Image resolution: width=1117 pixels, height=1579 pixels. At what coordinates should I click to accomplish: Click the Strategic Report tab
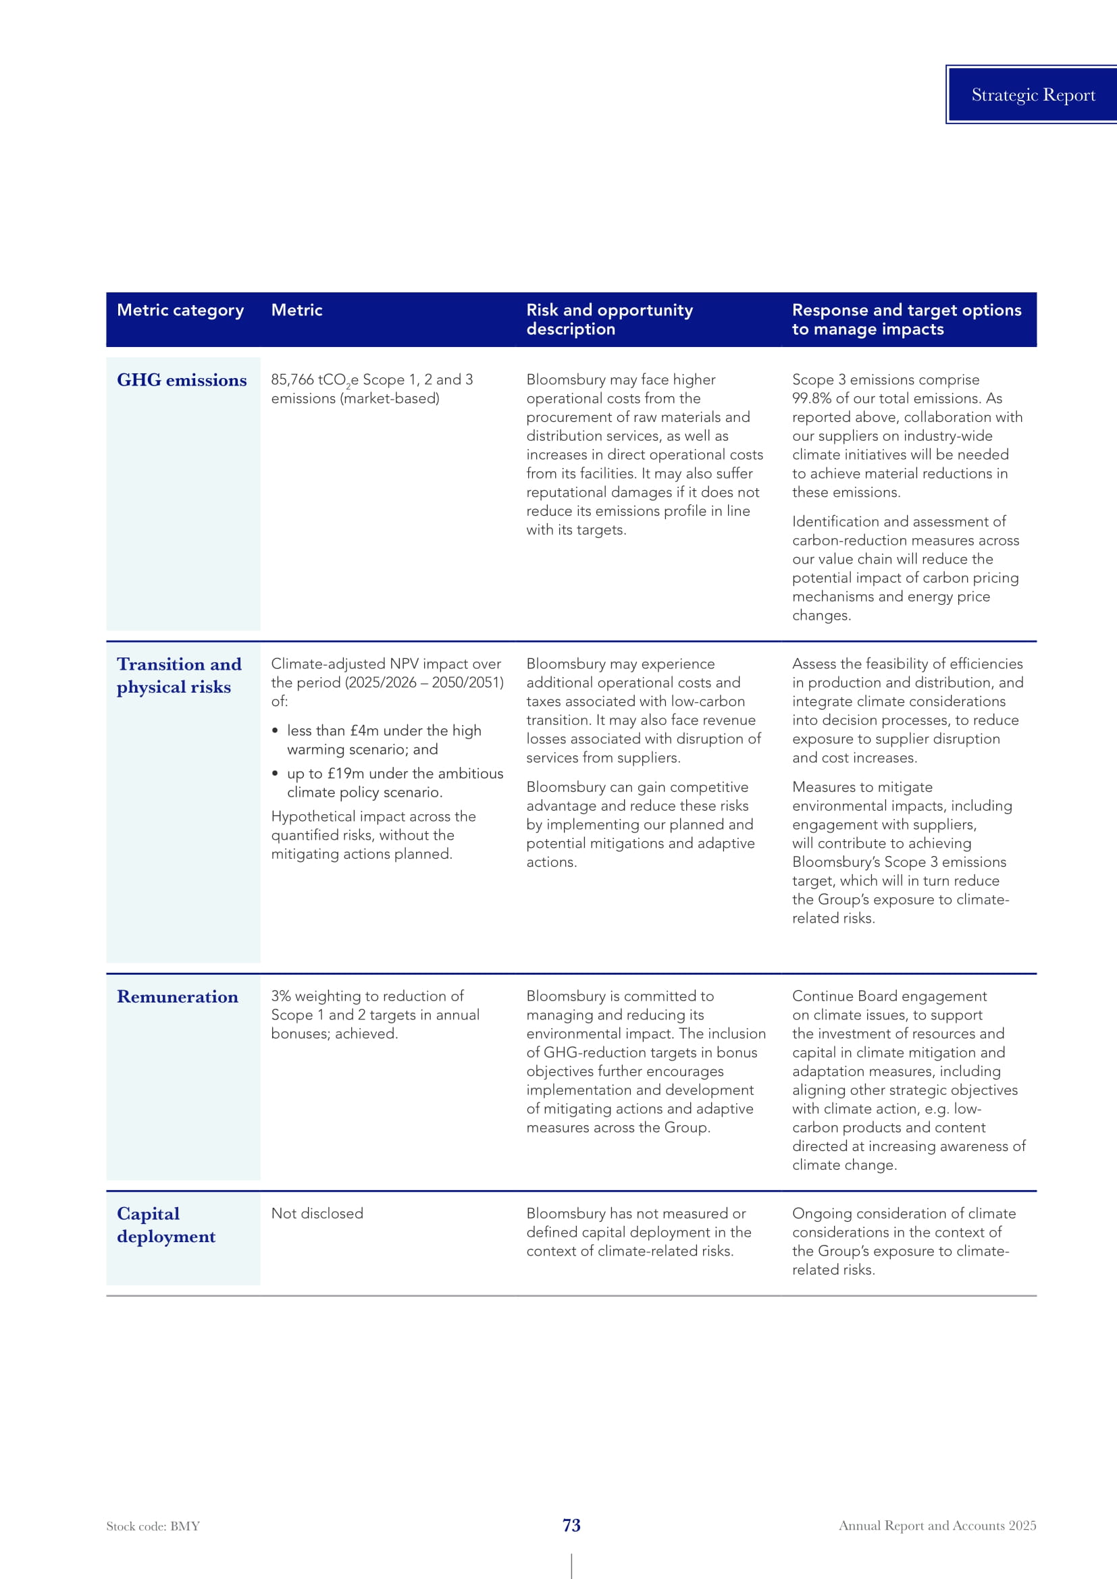(1033, 95)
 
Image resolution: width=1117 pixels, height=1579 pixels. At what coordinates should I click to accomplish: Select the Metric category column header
(180, 310)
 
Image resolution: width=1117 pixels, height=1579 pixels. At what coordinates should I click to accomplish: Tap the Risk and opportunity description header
(608, 319)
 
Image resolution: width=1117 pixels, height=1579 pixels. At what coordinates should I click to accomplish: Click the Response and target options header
(906, 319)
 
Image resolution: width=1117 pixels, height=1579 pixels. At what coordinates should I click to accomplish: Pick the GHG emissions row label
(182, 380)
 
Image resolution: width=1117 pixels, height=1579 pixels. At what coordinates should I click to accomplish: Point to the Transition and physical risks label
(179, 675)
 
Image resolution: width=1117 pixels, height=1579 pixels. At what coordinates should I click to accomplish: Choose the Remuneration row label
(178, 996)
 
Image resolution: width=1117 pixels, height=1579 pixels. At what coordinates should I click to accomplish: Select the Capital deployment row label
(165, 1225)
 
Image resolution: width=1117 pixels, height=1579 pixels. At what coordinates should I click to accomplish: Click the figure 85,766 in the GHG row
(292, 379)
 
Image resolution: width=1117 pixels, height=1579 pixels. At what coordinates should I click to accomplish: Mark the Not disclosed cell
(317, 1213)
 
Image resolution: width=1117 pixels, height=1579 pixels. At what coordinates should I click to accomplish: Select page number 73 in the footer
(571, 1526)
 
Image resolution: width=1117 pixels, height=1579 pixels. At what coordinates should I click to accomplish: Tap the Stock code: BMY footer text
(153, 1526)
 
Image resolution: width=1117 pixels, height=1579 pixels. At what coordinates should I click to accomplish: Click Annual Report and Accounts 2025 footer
(937, 1526)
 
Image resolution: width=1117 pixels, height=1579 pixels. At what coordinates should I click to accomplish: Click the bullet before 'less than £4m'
(275, 730)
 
